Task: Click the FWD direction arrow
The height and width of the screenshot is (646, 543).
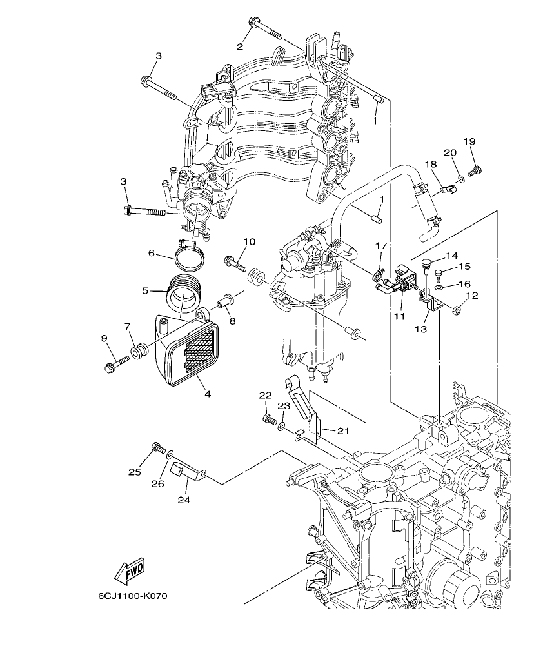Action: tap(129, 570)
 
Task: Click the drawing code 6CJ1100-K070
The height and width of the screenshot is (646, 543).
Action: tap(133, 596)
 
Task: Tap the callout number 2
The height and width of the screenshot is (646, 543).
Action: tap(240, 46)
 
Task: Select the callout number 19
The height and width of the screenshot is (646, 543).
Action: tap(469, 141)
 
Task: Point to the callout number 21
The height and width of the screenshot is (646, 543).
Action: tap(342, 431)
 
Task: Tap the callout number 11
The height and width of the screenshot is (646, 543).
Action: tap(399, 317)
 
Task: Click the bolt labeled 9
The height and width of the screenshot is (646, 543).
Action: tap(114, 363)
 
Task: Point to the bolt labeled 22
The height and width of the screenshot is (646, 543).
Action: tap(268, 420)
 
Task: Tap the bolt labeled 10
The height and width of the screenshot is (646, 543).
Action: tap(235, 263)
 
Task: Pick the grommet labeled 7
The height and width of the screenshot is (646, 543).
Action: tap(138, 352)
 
